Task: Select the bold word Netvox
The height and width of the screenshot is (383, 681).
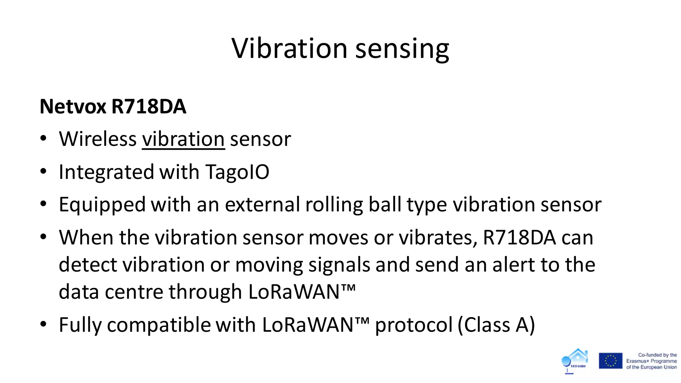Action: click(73, 106)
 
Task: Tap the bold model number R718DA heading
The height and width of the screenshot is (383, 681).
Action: click(149, 106)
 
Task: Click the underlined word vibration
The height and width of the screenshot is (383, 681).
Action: click(183, 139)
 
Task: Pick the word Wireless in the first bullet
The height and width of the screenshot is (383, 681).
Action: click(97, 139)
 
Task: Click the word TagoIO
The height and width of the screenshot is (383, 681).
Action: click(237, 172)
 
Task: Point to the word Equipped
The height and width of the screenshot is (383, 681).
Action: click(102, 204)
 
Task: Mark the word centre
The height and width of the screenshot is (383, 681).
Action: click(134, 292)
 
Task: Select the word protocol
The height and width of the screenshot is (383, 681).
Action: click(414, 325)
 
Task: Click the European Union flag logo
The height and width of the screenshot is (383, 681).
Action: click(611, 361)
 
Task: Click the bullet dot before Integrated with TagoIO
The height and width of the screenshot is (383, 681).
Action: click(43, 172)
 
